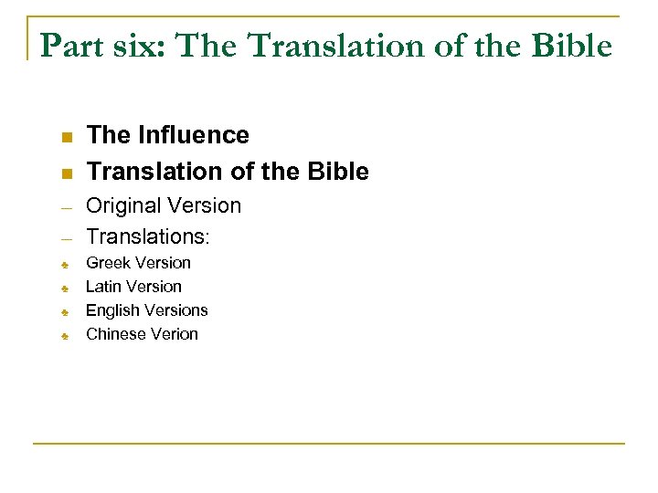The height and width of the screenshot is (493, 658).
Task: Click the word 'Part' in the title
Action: tap(68, 46)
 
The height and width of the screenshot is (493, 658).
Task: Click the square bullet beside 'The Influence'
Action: tap(66, 138)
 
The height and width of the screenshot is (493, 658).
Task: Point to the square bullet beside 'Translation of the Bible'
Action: tap(66, 173)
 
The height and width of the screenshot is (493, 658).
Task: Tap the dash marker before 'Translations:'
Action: tap(66, 239)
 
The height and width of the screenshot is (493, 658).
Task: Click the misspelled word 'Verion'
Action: tap(175, 334)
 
